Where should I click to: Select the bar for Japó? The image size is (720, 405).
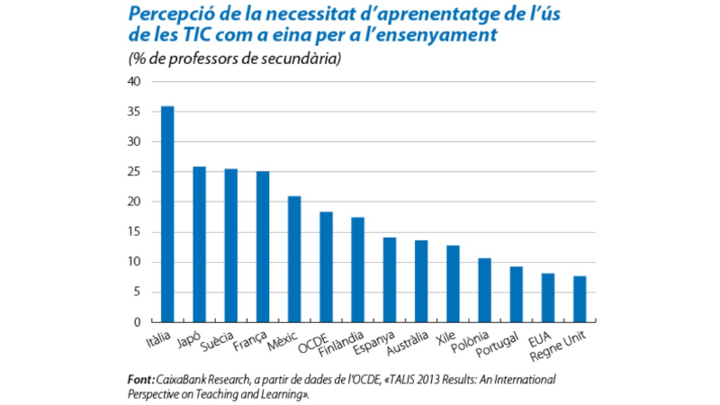pyautogui.click(x=199, y=244)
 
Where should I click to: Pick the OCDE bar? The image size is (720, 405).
pyautogui.click(x=326, y=267)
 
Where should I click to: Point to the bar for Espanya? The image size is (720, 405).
pyautogui.click(x=389, y=280)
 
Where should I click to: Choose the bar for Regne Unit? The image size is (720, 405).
pyautogui.click(x=580, y=299)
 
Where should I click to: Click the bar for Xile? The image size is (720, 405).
pyautogui.click(x=453, y=283)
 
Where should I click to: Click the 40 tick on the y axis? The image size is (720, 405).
pyautogui.click(x=134, y=82)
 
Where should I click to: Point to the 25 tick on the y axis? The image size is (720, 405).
pyautogui.click(x=134, y=172)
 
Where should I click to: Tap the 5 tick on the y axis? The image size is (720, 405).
pyautogui.click(x=137, y=292)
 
